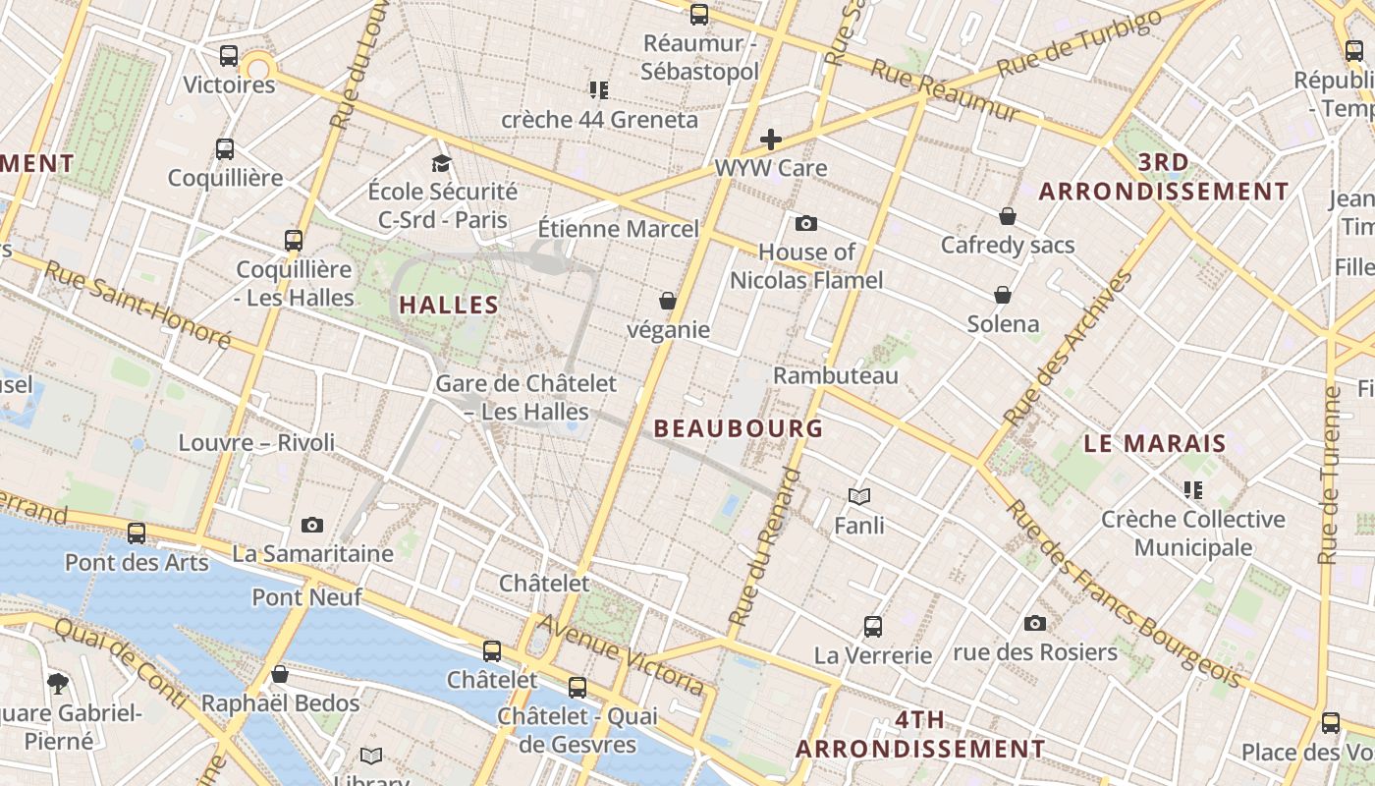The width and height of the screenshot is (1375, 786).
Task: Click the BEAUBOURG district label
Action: pos(738,428)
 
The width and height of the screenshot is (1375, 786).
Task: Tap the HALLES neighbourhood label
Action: pos(449,305)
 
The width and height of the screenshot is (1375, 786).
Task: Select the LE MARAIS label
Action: pos(1155,443)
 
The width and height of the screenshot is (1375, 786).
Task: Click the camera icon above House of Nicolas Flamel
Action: pos(806,223)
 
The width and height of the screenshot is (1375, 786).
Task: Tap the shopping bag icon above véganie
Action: pos(668,300)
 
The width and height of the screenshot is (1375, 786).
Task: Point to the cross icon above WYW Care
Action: pos(771,140)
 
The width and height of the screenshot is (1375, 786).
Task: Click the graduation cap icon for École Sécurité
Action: pos(442,163)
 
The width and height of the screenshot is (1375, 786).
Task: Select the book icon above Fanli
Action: pos(859,496)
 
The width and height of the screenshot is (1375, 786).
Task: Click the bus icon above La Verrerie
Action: pos(872,626)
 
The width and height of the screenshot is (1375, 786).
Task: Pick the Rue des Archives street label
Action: pos(1069,348)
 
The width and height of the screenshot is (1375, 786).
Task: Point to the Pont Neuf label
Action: pos(306,596)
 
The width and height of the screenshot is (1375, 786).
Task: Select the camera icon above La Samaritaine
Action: pos(312,525)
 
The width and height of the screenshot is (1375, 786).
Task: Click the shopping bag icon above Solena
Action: pos(1003,295)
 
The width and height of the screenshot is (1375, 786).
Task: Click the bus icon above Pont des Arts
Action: pos(137,533)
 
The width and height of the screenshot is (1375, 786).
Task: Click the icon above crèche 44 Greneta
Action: pos(599,90)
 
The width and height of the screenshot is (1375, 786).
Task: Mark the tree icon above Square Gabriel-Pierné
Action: pos(58,683)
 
